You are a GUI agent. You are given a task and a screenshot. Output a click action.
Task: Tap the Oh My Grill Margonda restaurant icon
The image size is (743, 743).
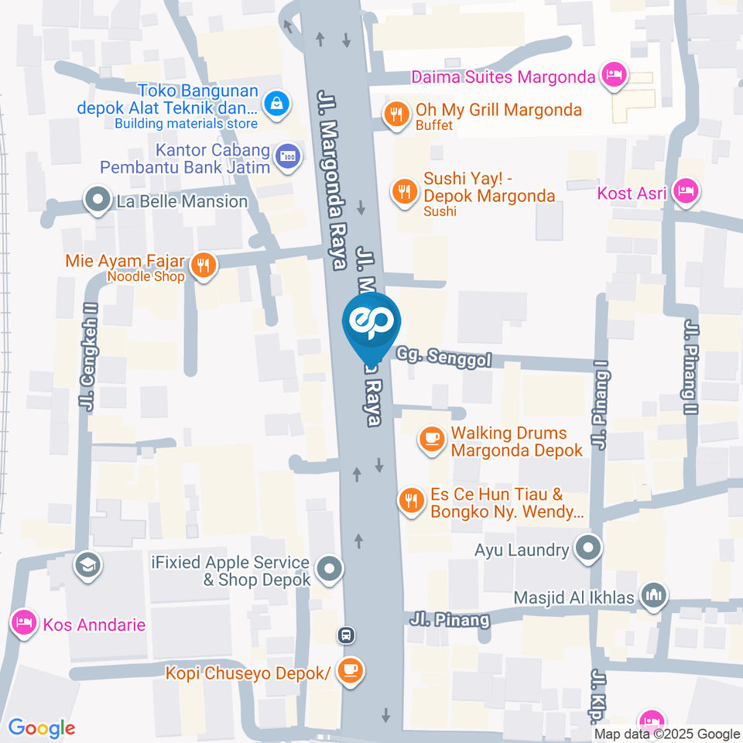tap(396, 115)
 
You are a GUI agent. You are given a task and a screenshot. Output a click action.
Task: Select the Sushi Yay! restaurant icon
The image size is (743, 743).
tap(404, 191)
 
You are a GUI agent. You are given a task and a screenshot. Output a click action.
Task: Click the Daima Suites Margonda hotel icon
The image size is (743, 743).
tap(615, 76)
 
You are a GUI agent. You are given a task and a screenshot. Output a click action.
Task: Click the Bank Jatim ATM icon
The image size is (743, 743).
tap(288, 156)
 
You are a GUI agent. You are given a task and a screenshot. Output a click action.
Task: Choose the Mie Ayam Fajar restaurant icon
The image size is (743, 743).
tap(203, 265)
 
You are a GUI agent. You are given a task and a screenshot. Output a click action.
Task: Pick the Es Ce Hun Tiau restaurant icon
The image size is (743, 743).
tap(411, 501)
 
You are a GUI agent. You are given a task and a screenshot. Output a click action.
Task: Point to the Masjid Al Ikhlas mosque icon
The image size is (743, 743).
tap(655, 596)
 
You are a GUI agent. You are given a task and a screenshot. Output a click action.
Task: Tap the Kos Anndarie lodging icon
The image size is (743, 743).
tap(25, 621)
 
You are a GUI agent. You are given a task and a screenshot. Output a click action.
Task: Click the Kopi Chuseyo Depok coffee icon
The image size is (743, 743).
tap(351, 670)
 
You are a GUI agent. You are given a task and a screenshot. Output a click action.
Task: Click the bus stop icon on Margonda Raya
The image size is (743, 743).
tap(346, 635)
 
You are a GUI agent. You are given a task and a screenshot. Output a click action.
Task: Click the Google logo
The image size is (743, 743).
tap(42, 728)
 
